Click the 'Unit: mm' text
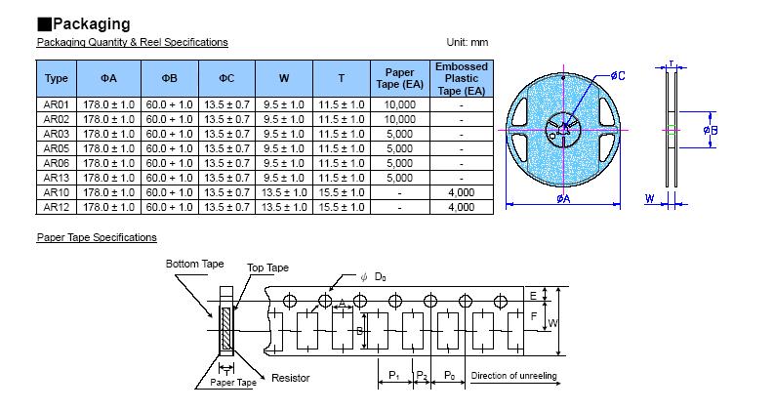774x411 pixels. [x=467, y=43]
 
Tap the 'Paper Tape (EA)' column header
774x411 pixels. [x=400, y=78]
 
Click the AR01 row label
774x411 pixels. [x=57, y=103]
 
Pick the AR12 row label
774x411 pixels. [x=57, y=207]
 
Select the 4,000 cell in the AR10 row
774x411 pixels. [x=461, y=192]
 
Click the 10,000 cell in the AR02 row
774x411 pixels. [x=400, y=119]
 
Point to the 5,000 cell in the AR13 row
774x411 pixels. [x=400, y=178]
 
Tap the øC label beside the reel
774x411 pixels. [x=617, y=75]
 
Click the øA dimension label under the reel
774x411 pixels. [x=564, y=200]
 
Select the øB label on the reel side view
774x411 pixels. [x=712, y=130]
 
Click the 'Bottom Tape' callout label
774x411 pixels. [x=194, y=265]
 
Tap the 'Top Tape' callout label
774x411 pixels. [x=267, y=268]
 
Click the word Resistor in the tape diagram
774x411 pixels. [x=290, y=378]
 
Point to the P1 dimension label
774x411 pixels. [x=393, y=376]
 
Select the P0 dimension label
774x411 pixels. [x=449, y=376]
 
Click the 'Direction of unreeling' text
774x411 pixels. [x=513, y=376]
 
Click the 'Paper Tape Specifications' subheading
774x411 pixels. [x=97, y=237]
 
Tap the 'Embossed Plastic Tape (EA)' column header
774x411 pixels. [x=461, y=78]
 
